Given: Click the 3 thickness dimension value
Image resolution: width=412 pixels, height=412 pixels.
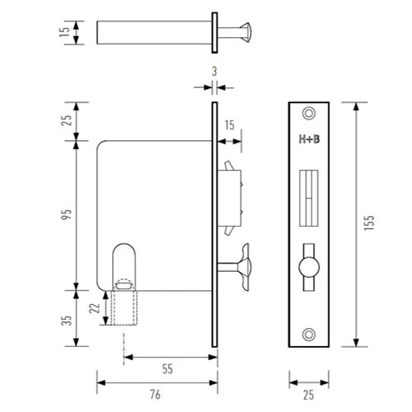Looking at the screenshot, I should pyautogui.click(x=213, y=72).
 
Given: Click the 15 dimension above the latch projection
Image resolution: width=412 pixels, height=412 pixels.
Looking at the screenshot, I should pyautogui.click(x=229, y=125).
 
